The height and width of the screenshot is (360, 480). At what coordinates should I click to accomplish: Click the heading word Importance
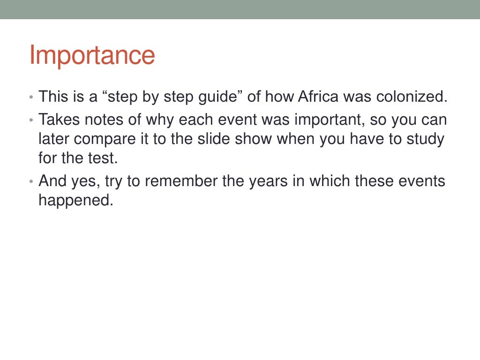point(92,56)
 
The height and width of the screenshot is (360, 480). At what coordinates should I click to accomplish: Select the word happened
point(76,201)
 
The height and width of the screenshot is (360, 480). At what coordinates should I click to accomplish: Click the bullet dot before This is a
point(31,98)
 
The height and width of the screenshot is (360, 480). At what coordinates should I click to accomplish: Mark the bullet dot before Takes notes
point(31,120)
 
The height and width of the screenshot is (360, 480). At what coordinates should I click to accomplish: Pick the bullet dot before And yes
point(31,181)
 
